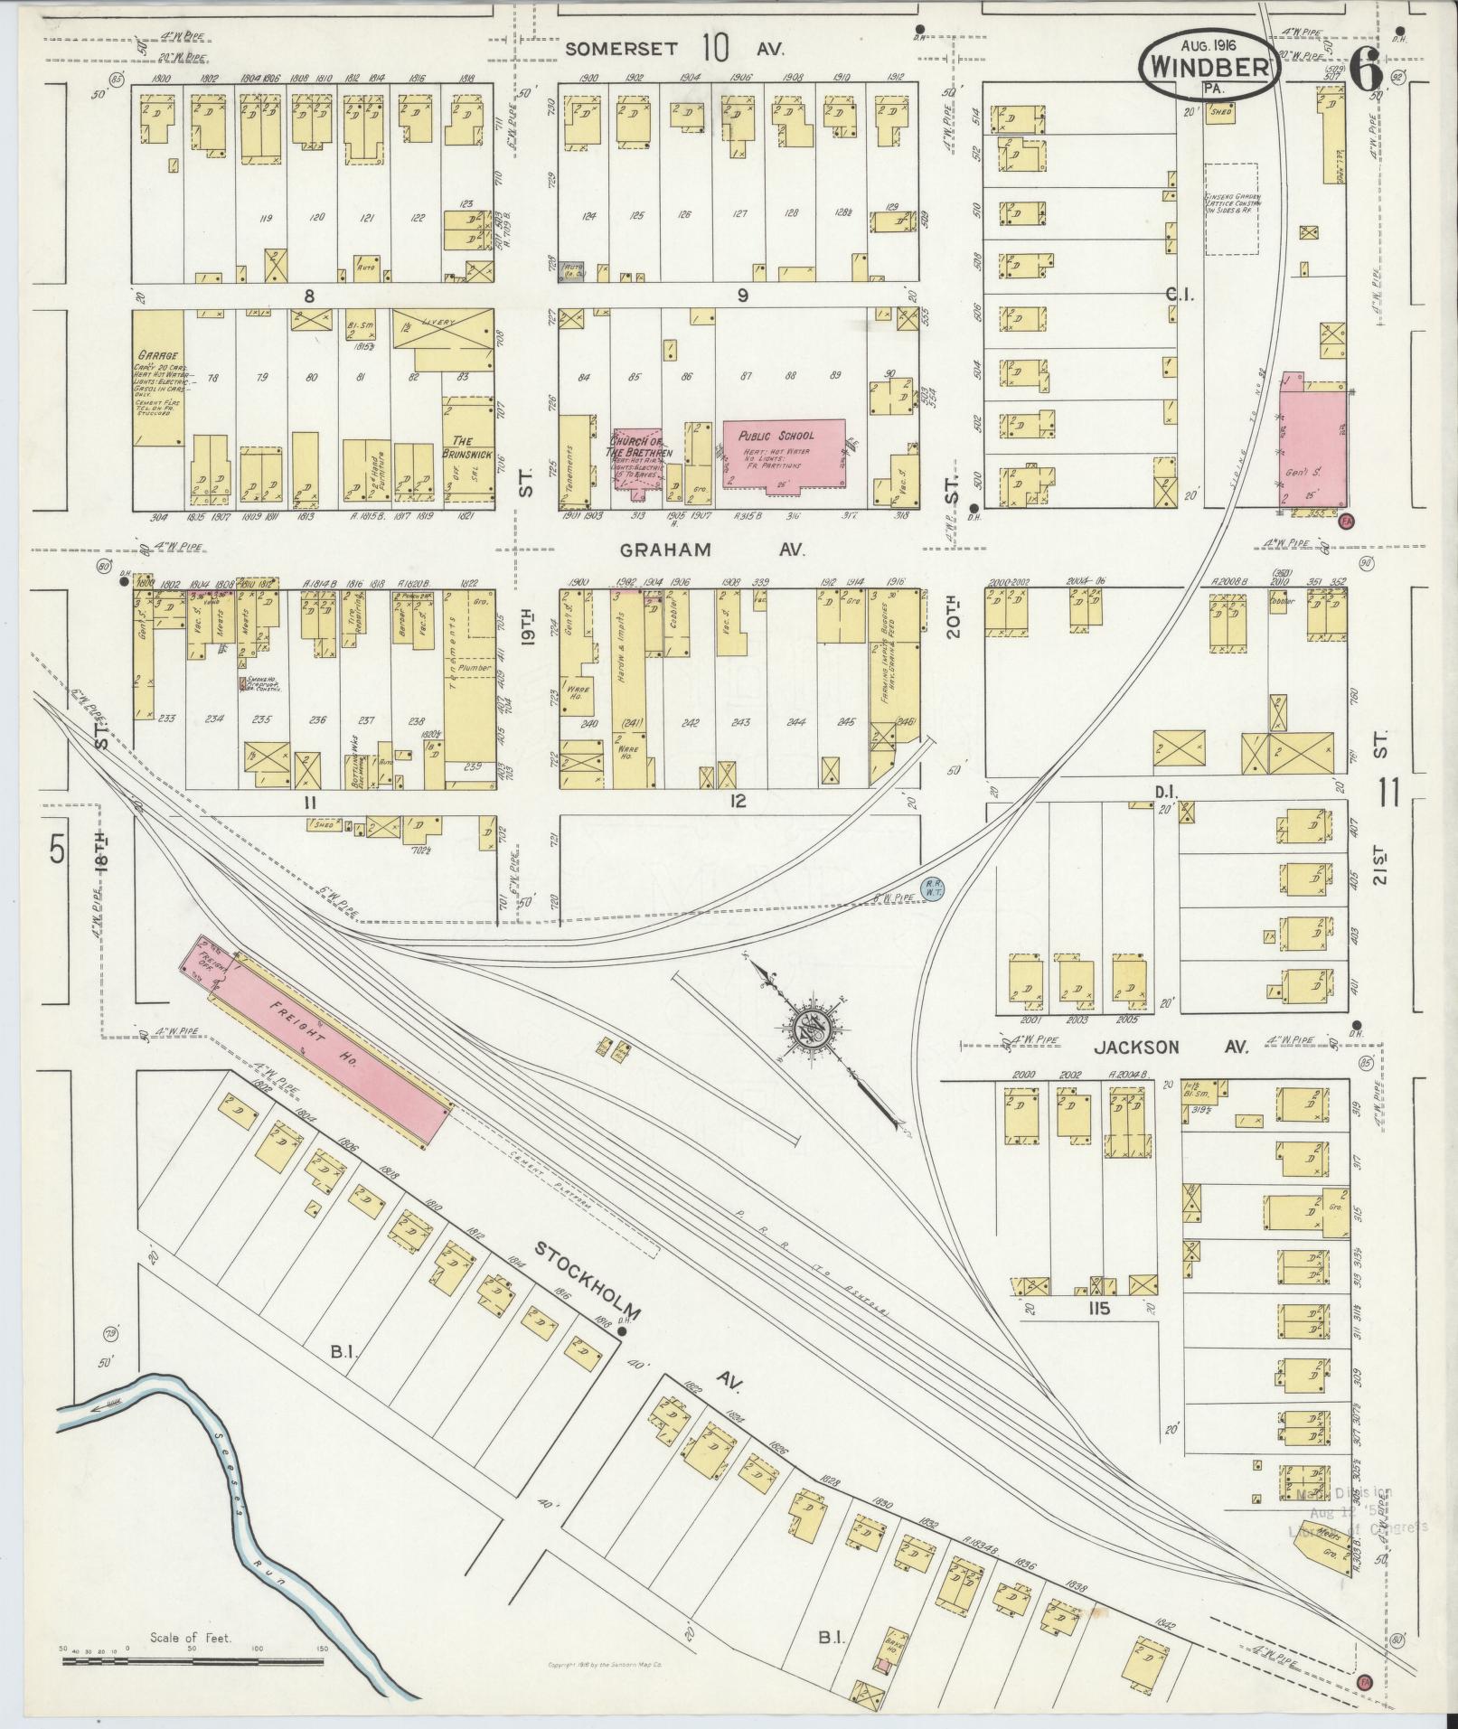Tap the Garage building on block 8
(157, 380)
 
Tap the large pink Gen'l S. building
(1312, 445)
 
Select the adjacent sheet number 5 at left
(58, 850)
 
